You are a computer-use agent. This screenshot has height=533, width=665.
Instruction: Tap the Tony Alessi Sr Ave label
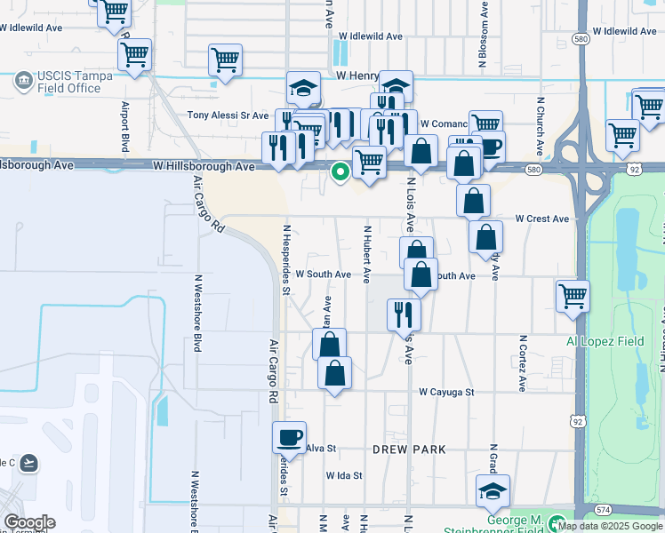click(228, 115)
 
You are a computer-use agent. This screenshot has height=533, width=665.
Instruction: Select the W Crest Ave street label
click(541, 219)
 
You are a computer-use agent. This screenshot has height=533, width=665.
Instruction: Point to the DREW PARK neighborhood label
click(409, 449)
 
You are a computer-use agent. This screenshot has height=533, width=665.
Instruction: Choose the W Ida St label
click(344, 475)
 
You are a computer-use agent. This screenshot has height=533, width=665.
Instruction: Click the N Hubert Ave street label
click(366, 253)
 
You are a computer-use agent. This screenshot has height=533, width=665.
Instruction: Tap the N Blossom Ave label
click(484, 40)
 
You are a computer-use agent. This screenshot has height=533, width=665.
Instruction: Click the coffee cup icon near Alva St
click(290, 437)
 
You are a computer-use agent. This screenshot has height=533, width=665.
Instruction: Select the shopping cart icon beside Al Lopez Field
click(573, 297)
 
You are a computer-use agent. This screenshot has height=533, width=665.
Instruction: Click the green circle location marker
click(339, 172)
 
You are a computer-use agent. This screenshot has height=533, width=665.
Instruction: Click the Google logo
click(28, 522)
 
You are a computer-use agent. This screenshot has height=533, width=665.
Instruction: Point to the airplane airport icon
click(29, 463)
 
